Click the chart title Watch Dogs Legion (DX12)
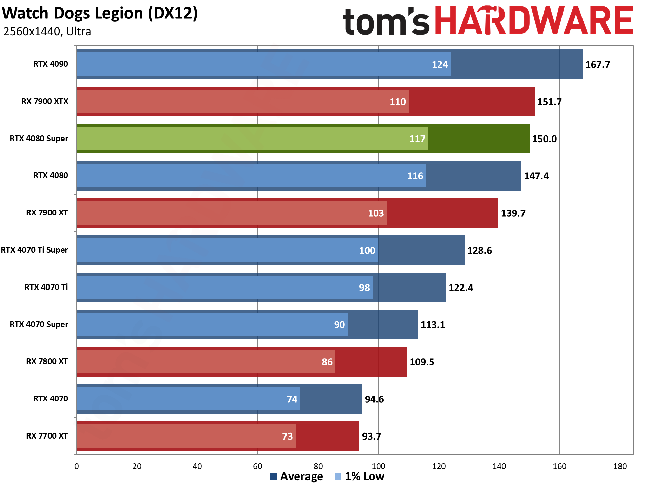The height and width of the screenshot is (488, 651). [100, 14]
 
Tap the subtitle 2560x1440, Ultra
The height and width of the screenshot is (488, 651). [47, 31]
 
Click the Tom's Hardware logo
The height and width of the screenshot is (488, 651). [488, 21]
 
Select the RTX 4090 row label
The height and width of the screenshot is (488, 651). [51, 64]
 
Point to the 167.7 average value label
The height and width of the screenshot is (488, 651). [597, 65]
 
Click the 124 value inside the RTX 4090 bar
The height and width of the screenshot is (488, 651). [440, 65]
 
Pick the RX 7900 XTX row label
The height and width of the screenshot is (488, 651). [45, 101]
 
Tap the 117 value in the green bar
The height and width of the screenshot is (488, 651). [417, 139]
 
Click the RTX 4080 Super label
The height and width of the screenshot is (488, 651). [39, 139]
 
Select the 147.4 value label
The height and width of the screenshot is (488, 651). [536, 176]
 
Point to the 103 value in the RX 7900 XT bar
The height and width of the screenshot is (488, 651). [376, 213]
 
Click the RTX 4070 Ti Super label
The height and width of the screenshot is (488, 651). [34, 250]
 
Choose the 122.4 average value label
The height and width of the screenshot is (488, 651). [461, 288]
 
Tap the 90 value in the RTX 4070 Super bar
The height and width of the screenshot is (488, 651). [339, 325]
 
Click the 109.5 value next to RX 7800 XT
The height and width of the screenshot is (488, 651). [422, 362]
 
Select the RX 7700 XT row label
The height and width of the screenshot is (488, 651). [47, 436]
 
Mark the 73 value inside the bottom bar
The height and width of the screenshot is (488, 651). [287, 437]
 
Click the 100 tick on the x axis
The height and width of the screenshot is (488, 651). [378, 466]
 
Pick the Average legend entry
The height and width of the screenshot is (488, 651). [297, 476]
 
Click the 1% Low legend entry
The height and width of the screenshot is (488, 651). [359, 476]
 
